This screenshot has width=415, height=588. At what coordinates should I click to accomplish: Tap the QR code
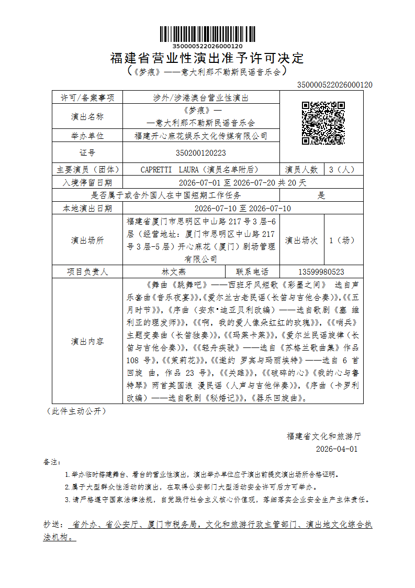pyautogui.click(x=323, y=123)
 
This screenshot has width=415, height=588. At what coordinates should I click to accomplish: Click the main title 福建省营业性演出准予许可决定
pyautogui.click(x=207, y=58)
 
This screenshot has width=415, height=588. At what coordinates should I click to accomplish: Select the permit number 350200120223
pyautogui.click(x=201, y=153)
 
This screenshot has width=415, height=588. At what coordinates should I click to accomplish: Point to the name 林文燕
pyautogui.click(x=174, y=271)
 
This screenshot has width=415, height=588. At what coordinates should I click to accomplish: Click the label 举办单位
pyautogui.click(x=87, y=136)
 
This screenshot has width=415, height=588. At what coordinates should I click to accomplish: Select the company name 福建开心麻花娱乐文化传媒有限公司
pyautogui.click(x=201, y=136)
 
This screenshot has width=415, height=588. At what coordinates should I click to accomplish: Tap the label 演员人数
pyautogui.click(x=301, y=169)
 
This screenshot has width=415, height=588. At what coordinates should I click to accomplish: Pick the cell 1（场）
pyautogui.click(x=342, y=241)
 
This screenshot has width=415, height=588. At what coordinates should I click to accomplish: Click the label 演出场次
pyautogui.click(x=301, y=241)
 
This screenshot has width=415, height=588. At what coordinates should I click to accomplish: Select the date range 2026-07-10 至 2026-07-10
pyautogui.click(x=235, y=208)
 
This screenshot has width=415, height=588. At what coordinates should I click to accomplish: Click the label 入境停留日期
pyautogui.click(x=87, y=182)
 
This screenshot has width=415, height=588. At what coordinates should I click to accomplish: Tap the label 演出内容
pyautogui.click(x=87, y=341)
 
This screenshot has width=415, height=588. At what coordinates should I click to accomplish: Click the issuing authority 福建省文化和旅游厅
pyautogui.click(x=324, y=435)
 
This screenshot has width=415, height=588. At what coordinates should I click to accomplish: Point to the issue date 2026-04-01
pyautogui.click(x=337, y=449)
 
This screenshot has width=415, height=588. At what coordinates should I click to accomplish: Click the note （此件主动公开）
pyautogui.click(x=76, y=411)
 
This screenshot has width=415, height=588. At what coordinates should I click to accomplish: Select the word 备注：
pyautogui.click(x=52, y=462)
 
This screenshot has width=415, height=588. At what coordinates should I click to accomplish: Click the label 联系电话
pyautogui.click(x=252, y=271)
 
